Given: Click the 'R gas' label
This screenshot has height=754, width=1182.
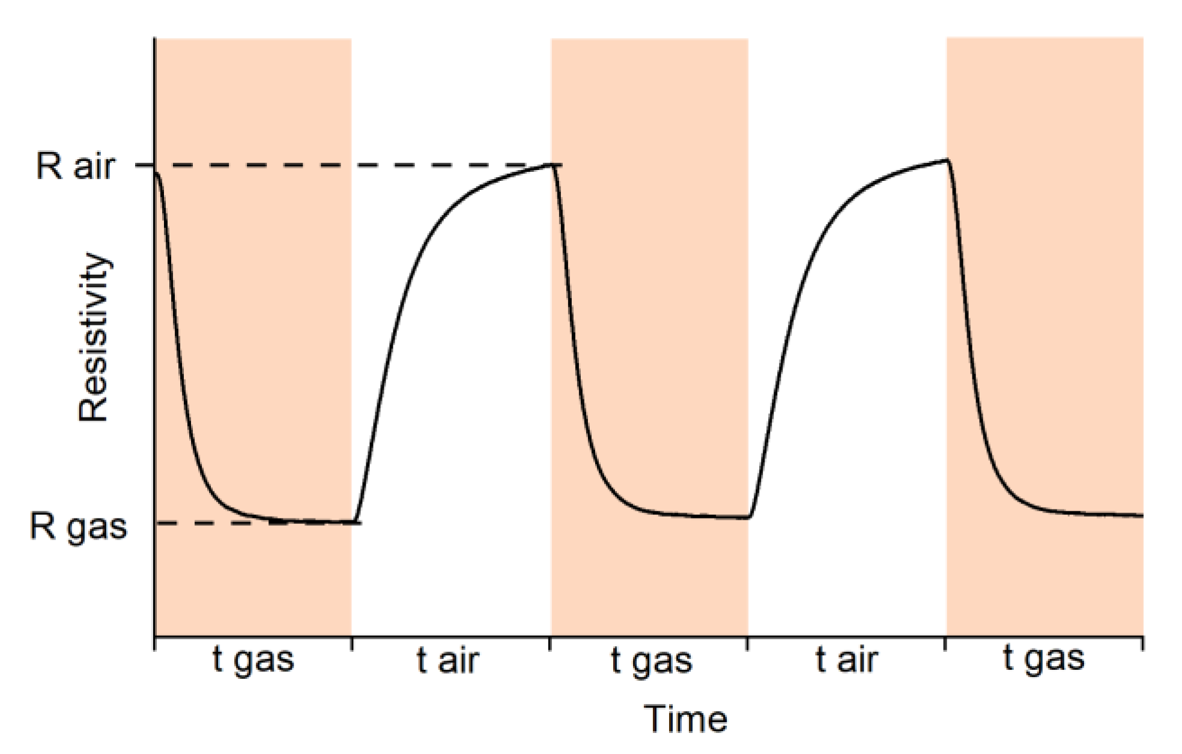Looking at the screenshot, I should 79,527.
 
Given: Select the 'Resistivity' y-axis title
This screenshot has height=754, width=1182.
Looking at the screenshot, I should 94,338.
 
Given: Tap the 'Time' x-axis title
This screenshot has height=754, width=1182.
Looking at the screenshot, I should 685,719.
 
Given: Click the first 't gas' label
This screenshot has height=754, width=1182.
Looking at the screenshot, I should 253,660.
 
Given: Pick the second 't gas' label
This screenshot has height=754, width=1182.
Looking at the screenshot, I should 651,660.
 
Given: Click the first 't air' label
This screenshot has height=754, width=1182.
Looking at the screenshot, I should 448,660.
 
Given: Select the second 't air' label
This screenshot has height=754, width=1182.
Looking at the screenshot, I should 847,660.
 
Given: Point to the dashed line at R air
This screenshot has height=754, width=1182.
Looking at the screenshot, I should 348,165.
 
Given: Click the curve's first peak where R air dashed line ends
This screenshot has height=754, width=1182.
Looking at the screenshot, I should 552,165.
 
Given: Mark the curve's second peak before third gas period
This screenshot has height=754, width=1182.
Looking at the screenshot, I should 947,160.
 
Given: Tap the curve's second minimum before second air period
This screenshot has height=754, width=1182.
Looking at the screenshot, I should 750,517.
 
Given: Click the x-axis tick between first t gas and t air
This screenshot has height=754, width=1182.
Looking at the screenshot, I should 352,643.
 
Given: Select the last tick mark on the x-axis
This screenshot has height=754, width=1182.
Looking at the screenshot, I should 1142,643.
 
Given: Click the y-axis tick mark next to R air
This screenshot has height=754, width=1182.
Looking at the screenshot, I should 144,165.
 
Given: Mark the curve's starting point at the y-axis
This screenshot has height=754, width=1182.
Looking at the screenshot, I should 156,173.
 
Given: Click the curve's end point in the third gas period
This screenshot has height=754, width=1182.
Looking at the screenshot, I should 1142,515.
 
